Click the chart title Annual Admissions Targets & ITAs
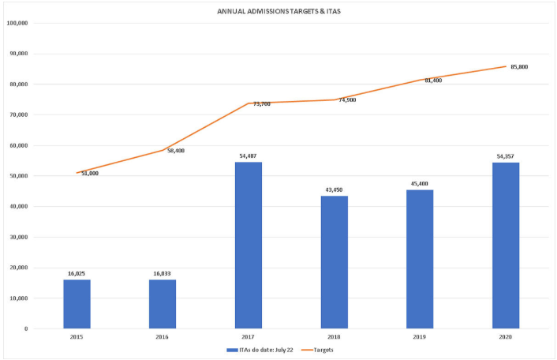279,11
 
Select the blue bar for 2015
77,304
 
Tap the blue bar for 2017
249,246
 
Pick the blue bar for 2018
335,262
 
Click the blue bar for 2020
506,246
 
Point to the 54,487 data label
249,156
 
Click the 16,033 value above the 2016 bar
163,273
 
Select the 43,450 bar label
335,190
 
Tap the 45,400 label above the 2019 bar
421,184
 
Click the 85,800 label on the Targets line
519,67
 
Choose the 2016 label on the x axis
163,337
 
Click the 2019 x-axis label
421,337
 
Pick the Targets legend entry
324,350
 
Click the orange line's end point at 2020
506,66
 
